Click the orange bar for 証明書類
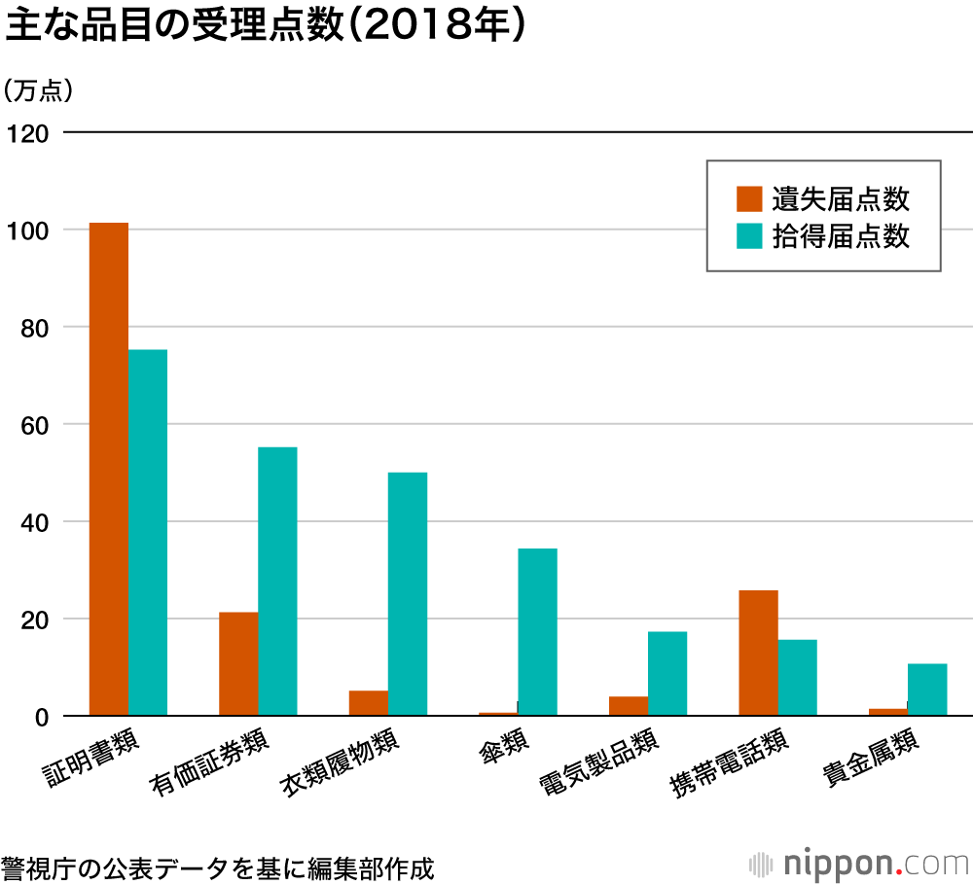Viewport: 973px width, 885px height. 109,469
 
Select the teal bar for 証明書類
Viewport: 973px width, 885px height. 148,532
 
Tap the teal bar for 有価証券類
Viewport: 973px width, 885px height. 277,581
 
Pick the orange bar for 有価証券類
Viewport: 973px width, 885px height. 238,663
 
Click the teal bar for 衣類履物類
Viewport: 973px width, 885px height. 408,593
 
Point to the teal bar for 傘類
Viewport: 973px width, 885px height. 537,631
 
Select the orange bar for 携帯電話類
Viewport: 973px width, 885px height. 758,653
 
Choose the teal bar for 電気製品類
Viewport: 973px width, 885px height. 667,673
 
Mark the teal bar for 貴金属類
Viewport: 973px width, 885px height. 927,690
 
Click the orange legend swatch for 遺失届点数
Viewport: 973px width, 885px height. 749,198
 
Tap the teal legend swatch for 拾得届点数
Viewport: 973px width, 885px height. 749,236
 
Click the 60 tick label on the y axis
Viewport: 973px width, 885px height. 33,425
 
